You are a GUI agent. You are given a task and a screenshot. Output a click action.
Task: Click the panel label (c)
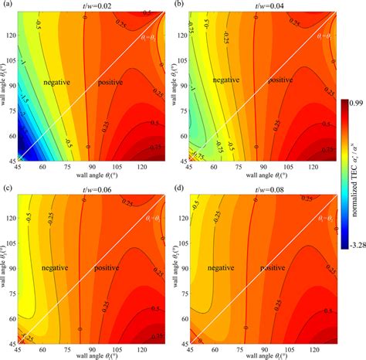point(6,185)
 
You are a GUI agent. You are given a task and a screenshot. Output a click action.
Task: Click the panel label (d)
point(177,185)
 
